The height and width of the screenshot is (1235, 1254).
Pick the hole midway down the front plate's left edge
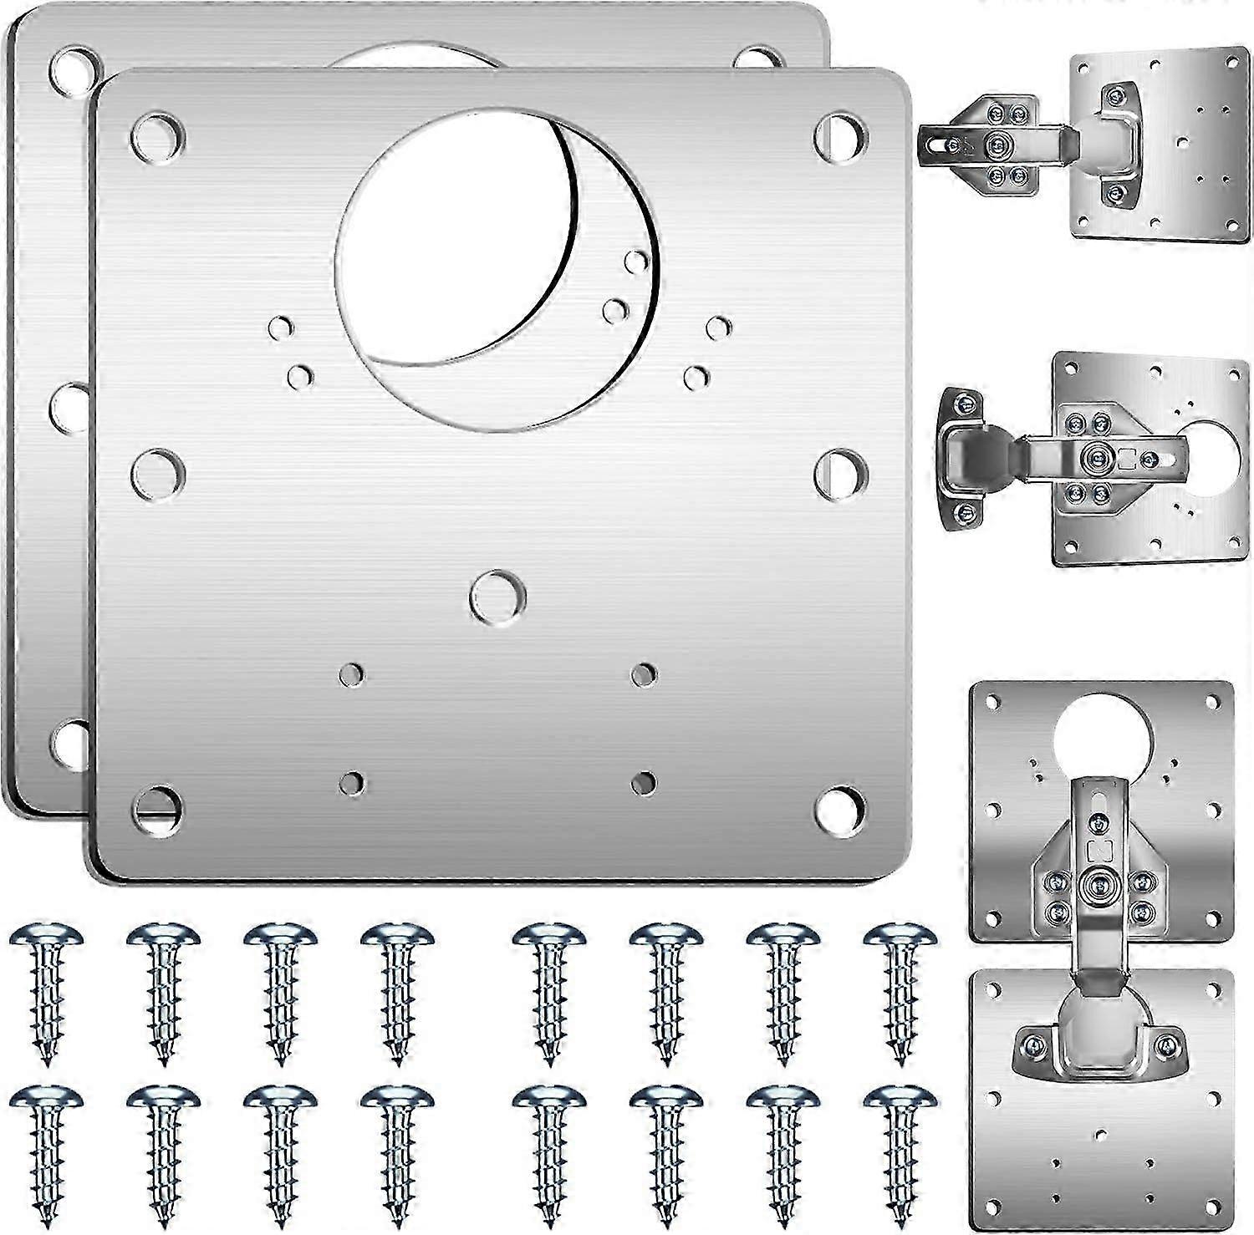[158, 472]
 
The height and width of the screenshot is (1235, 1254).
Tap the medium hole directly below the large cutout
[498, 597]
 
